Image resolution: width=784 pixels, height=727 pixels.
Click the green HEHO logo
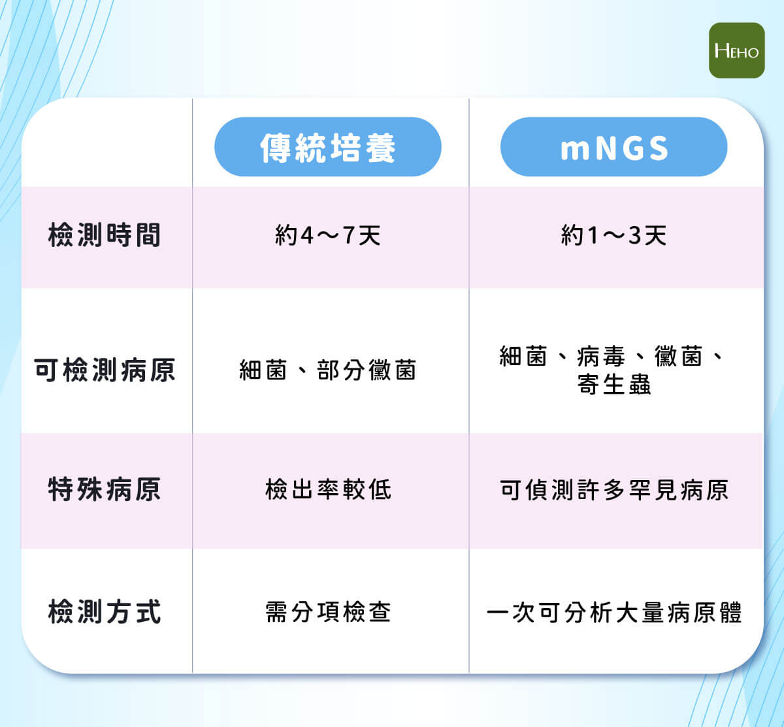[x=736, y=50]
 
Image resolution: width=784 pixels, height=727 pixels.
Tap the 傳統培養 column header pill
[x=328, y=147]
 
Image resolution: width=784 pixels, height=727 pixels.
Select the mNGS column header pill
[x=614, y=147]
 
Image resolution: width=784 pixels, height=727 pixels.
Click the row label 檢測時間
[x=105, y=235]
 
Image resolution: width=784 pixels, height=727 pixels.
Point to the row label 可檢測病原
[x=105, y=370]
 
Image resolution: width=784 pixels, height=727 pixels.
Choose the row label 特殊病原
[x=105, y=489]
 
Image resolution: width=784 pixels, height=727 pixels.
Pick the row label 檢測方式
[x=105, y=612]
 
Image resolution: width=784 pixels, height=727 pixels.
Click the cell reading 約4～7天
[x=328, y=235]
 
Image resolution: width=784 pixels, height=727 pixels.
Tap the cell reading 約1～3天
[x=614, y=235]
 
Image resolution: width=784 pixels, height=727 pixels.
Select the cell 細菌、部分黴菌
[x=328, y=370]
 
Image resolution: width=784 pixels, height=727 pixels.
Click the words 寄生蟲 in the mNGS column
[x=614, y=384]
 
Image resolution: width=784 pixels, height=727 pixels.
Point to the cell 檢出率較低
[x=328, y=489]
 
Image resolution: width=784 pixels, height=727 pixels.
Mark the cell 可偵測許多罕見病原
[x=614, y=490]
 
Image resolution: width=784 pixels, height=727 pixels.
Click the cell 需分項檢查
[x=328, y=612]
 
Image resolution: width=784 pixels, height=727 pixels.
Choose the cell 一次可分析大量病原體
[x=614, y=612]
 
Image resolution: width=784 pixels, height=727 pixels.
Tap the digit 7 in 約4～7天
[x=349, y=235]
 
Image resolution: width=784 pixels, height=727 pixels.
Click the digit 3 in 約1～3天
[x=635, y=235]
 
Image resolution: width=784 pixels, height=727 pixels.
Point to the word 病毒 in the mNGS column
[x=601, y=356]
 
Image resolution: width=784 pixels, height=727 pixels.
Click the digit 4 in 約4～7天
[x=306, y=235]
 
